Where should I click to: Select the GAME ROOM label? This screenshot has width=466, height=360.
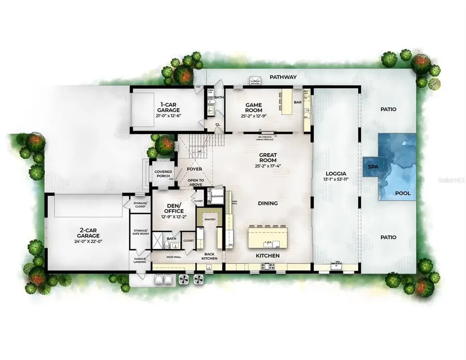[x=253, y=108]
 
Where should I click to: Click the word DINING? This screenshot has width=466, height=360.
[x=268, y=203]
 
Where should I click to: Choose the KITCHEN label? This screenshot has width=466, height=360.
[x=268, y=256]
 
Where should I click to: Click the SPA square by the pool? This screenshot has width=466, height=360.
[x=372, y=167]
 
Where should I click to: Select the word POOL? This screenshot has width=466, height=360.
[x=403, y=193]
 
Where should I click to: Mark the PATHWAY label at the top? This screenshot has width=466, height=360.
[x=283, y=77]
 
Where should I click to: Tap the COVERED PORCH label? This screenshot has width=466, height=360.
[x=159, y=173]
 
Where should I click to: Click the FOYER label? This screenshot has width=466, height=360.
[x=195, y=169]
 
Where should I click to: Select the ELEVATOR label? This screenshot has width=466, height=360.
[x=217, y=197]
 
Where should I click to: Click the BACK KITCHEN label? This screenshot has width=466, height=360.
[x=210, y=256]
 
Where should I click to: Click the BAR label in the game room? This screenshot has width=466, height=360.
[x=298, y=102]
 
